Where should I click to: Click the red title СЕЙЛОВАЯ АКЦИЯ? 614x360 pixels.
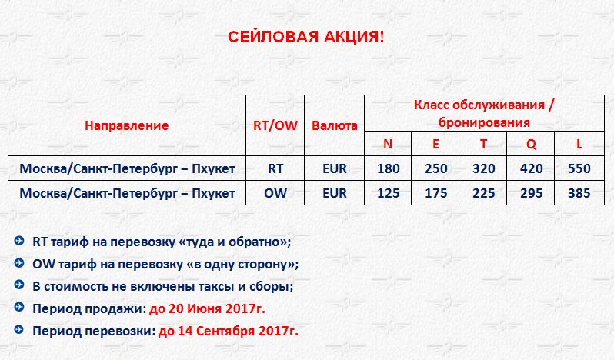pos(305,37)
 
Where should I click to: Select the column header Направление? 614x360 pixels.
pos(126,125)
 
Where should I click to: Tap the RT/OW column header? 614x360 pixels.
pos(275,125)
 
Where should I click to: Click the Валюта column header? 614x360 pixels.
pos(335,125)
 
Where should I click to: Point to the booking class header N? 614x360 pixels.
pos(388,144)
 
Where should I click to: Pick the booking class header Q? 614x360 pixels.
pos(531,145)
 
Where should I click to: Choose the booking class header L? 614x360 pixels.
pos(579,144)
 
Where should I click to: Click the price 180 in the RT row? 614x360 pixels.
pos(388,168)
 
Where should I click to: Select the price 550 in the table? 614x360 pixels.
pos(579,168)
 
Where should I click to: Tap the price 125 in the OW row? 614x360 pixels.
pos(388,193)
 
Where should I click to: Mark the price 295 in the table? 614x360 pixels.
pos(531,193)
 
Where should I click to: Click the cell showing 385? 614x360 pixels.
pos(579,193)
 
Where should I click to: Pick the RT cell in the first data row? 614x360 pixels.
pos(275,168)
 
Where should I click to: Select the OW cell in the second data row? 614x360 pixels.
pos(275,193)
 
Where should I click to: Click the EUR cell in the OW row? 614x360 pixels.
pos(335,193)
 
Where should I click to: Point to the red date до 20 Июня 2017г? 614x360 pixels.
pos(207,308)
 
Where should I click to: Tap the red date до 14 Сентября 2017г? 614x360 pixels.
pos(229,331)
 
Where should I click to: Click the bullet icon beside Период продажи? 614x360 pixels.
pos(18,307)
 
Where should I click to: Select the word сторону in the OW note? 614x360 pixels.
pos(271,265)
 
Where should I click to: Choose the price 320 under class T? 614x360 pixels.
pos(484,168)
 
